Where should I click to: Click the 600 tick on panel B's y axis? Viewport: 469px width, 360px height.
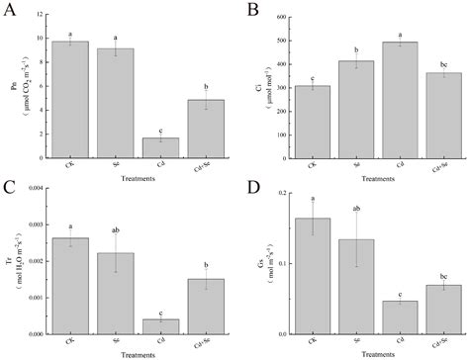pyautogui.click(x=285, y=18)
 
